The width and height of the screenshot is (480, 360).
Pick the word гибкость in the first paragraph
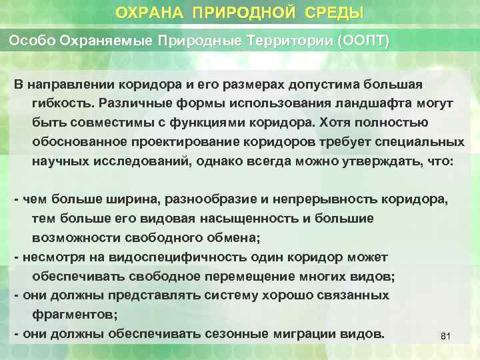tap(63, 104)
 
